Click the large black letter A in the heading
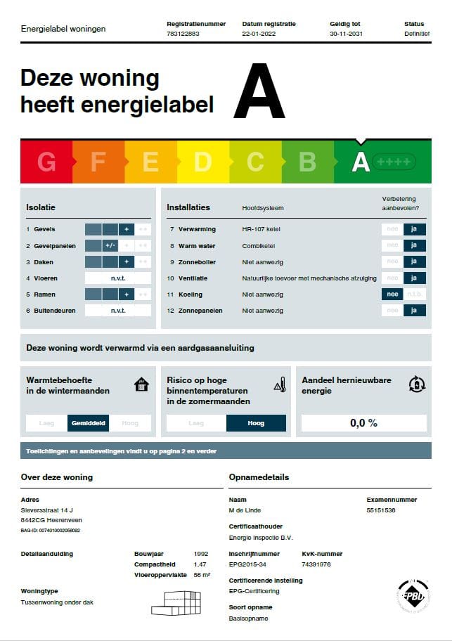tap(259, 93)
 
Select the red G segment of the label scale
tap(46, 162)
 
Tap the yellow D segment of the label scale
tap(202, 162)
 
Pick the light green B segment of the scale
tap(307, 162)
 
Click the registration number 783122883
tap(183, 34)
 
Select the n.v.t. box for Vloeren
tap(117, 278)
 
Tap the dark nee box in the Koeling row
tap(392, 294)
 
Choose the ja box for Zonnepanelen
tap(415, 311)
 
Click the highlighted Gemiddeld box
tap(89, 423)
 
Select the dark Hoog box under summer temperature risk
tap(256, 423)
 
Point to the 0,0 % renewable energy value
tap(363, 423)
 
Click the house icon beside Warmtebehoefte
tap(141, 384)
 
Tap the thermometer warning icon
tap(279, 384)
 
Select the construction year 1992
tap(201, 554)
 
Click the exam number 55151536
tap(381, 510)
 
